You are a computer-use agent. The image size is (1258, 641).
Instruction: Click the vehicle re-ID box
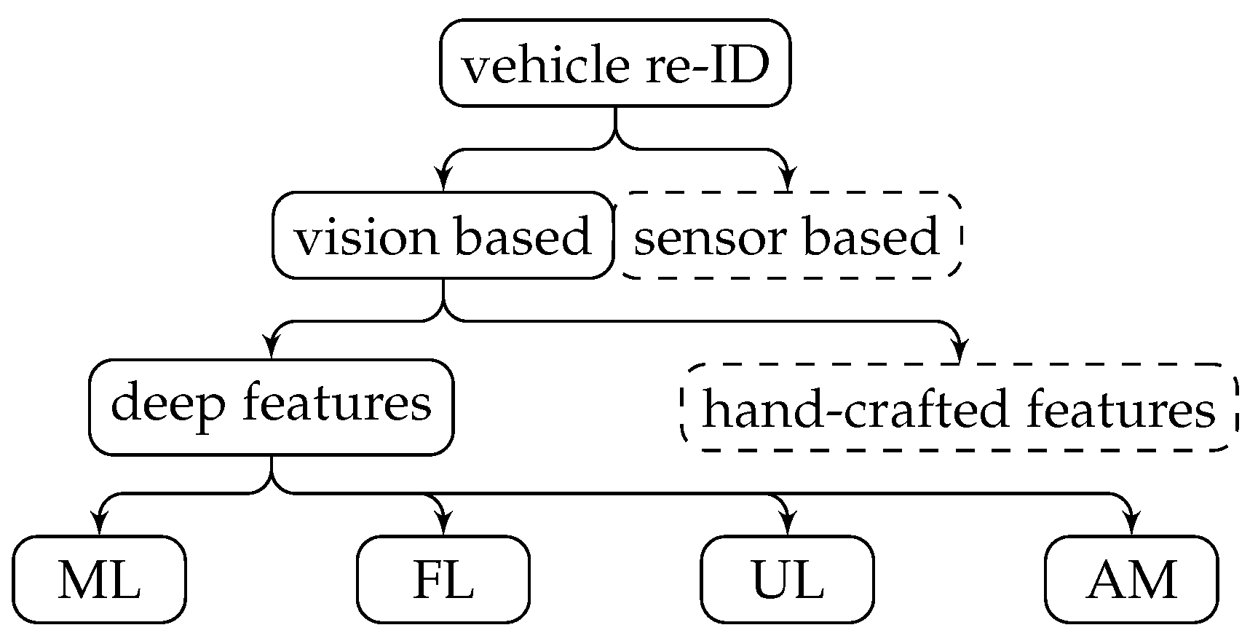tap(615, 64)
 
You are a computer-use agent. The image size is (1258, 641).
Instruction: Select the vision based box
tap(443, 236)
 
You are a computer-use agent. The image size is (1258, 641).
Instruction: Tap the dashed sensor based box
tap(788, 236)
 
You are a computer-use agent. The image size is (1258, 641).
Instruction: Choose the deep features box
tap(271, 406)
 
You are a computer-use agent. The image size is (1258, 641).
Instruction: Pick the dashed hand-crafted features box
tap(959, 408)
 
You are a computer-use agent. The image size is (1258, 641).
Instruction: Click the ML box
tap(99, 580)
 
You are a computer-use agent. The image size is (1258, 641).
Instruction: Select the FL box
tap(443, 580)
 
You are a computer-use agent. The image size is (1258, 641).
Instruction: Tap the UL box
tap(787, 580)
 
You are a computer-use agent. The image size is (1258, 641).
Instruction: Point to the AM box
tap(1131, 580)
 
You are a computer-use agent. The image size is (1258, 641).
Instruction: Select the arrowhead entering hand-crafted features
tap(960, 350)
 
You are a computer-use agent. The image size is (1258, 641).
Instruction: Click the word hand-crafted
tap(855, 409)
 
